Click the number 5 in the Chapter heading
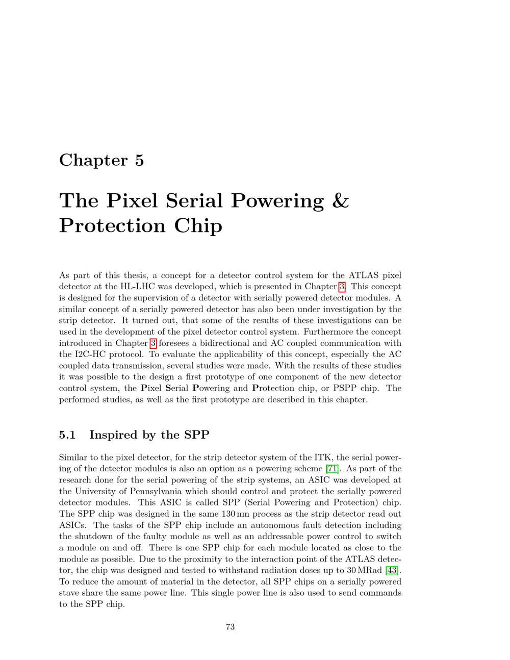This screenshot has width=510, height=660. [140, 160]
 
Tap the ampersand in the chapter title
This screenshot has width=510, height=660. [340, 200]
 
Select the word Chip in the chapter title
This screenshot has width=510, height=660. [198, 226]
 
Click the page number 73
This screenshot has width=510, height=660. [230, 627]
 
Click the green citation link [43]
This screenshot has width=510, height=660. [392, 570]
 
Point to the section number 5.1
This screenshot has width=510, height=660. [67, 435]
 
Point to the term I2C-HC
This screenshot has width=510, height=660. [77, 354]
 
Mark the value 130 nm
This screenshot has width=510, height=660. [235, 514]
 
